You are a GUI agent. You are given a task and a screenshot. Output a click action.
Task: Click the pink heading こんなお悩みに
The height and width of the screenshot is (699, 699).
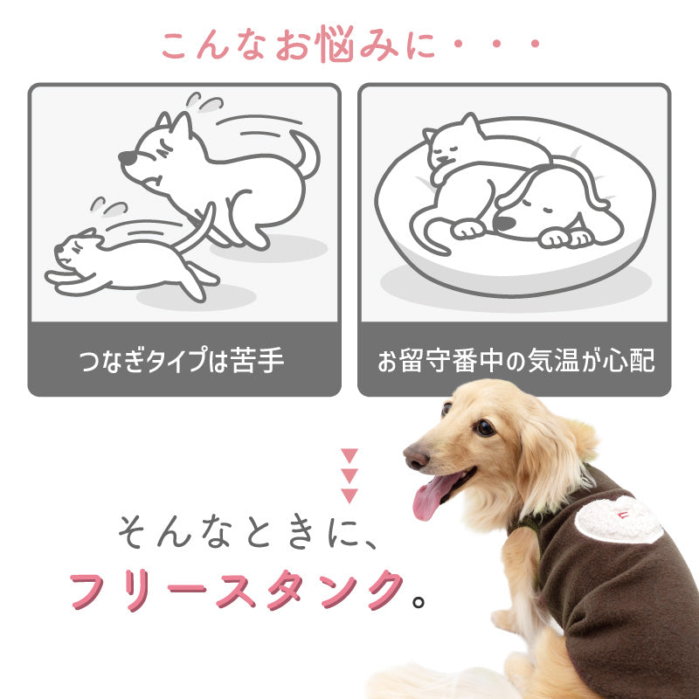349,45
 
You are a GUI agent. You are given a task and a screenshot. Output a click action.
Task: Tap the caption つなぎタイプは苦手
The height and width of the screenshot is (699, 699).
184,361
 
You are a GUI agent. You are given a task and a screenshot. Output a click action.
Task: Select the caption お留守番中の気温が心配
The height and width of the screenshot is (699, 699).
516,361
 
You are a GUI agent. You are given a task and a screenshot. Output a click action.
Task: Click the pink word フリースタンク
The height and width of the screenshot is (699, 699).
237,591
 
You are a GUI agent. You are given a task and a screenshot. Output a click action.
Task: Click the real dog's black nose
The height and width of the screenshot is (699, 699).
413,455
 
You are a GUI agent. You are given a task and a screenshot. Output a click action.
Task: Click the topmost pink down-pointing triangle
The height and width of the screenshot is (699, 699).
349,455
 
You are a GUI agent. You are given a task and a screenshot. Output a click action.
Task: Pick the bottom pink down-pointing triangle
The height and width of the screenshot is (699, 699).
349,496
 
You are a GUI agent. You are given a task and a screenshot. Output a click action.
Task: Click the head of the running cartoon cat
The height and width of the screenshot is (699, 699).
75,249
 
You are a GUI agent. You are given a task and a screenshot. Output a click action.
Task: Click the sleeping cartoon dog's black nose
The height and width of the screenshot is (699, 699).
504,224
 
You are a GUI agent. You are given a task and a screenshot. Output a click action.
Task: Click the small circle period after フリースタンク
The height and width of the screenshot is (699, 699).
419,601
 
